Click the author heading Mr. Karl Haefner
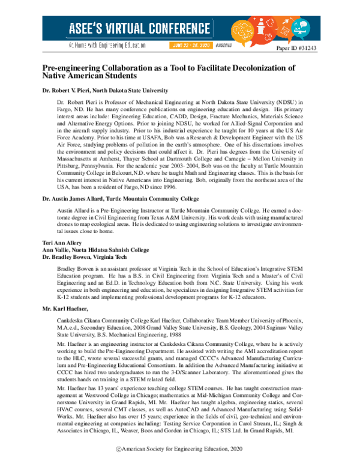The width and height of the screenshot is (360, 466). pos(65,307)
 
